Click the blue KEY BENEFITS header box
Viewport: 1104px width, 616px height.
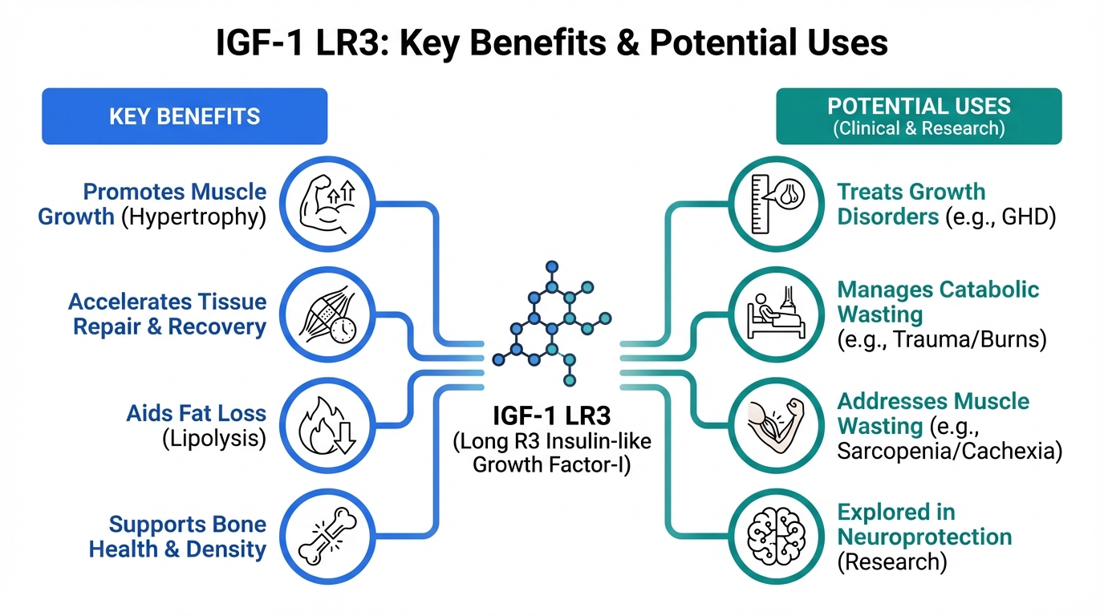[185, 116]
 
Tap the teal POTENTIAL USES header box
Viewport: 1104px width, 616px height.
[919, 116]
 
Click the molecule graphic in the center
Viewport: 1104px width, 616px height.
[552, 321]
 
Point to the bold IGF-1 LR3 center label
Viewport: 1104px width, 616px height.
[552, 417]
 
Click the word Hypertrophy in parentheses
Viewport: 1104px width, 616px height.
[193, 217]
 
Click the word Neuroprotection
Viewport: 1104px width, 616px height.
[924, 537]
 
